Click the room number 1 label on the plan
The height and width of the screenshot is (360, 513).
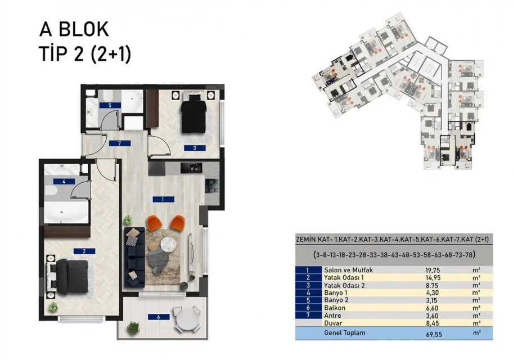coord(163,199)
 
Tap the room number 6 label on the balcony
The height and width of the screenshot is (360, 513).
coord(159,317)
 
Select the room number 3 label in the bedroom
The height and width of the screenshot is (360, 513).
coord(195,148)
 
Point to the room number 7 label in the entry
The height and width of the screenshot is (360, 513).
coord(120,143)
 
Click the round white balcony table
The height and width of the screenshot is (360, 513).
coord(186,319)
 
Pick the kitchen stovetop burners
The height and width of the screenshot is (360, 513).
coord(211,186)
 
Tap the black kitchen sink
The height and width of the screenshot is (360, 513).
coord(191,168)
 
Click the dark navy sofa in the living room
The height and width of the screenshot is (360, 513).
coord(134,258)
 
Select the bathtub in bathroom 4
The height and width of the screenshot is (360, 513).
coord(66,213)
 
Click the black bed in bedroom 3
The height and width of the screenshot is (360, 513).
coord(194,113)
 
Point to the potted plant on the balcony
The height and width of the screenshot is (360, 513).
coord(133,328)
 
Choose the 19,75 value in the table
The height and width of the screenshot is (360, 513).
coord(433,271)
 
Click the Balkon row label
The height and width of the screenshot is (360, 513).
coord(334,308)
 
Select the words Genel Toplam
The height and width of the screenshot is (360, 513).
coord(344,333)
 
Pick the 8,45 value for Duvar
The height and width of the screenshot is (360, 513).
coord(433,323)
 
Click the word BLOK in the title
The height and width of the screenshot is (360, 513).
coord(83,29)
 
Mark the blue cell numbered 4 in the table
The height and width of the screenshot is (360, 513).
coord(308,292)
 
